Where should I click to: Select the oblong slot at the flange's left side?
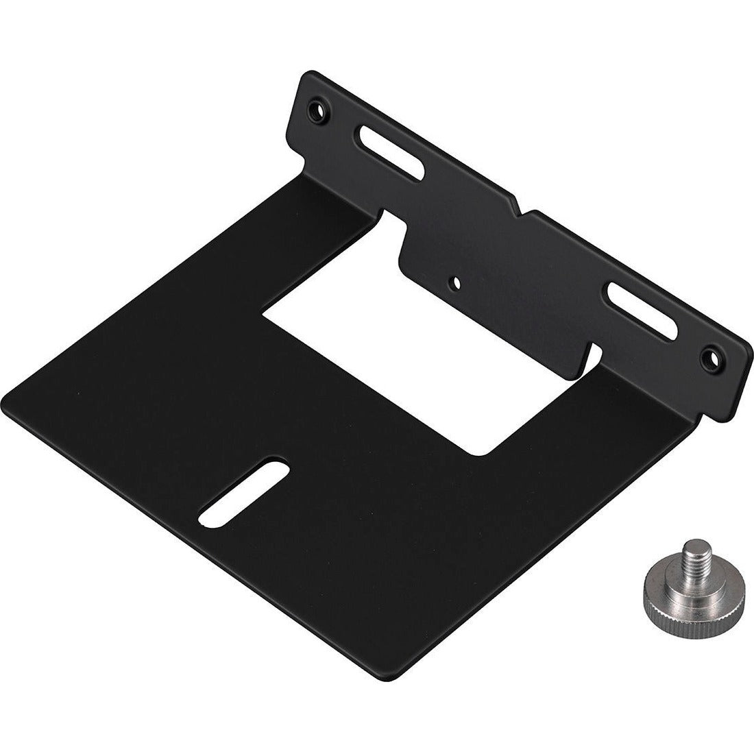[x=388, y=151]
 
